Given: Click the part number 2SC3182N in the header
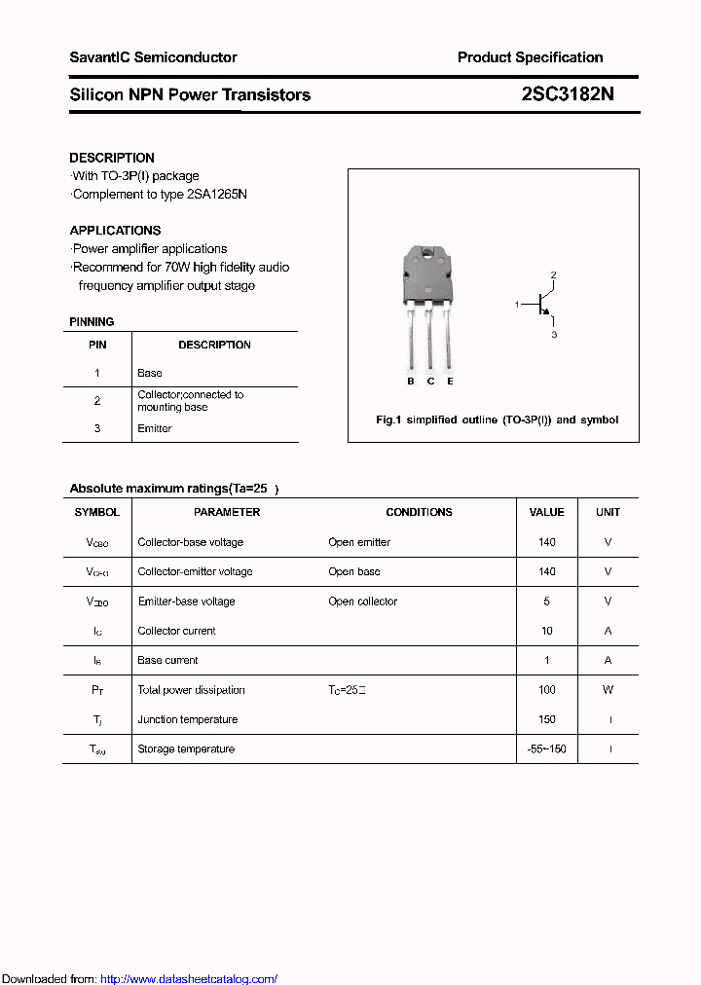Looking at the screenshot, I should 568,94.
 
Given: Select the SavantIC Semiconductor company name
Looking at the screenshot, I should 153,57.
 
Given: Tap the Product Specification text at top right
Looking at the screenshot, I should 530,57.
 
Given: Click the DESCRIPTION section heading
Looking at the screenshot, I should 111,158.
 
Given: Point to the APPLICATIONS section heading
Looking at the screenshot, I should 115,231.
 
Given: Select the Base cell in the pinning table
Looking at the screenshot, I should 150,373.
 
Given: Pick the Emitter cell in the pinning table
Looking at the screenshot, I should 155,428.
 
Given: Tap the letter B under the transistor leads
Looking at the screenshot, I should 411,382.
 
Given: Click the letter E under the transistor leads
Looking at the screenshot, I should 450,382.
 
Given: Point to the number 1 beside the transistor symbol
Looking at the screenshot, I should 517,306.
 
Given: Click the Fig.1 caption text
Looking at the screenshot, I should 497,420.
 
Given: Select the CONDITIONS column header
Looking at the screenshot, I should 419,512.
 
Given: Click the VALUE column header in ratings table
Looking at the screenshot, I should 546,512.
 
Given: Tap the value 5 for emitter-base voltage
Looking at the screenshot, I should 546,602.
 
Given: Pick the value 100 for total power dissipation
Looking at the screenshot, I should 546,690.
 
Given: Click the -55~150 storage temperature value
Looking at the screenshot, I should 546,749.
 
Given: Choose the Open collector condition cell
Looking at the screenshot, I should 362,602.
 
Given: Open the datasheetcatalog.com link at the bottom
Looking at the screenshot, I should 189,979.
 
